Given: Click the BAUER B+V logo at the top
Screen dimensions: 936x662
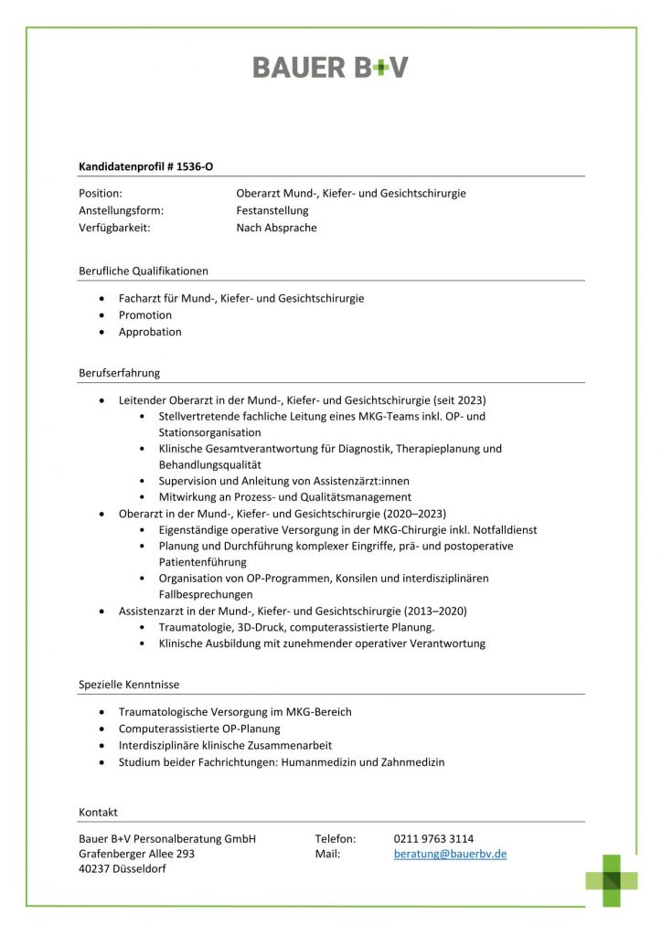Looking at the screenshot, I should [x=330, y=67].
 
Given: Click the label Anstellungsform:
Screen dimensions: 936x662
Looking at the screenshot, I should [x=123, y=210].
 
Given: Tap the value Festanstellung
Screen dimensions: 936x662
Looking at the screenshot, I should [x=272, y=210].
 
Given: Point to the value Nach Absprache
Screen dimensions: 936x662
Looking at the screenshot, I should [x=276, y=228].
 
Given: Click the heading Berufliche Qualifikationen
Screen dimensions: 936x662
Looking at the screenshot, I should [x=144, y=271].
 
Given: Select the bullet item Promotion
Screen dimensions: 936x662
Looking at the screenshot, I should [x=145, y=314].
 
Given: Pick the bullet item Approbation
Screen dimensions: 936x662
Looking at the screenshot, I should [x=150, y=332].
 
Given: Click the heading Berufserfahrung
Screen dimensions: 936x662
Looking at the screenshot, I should [x=120, y=373].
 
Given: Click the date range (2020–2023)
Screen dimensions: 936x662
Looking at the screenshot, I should [x=414, y=514].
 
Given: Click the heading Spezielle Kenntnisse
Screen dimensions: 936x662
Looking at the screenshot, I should [x=129, y=685].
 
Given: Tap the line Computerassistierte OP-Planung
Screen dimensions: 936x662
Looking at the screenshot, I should [x=199, y=729].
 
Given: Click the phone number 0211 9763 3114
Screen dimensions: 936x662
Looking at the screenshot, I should [x=433, y=838].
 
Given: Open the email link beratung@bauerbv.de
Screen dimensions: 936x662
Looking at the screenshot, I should [x=450, y=854].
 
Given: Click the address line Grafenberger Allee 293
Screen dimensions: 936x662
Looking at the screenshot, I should [x=137, y=854].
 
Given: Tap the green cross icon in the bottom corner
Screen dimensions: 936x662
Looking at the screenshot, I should [x=612, y=879].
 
